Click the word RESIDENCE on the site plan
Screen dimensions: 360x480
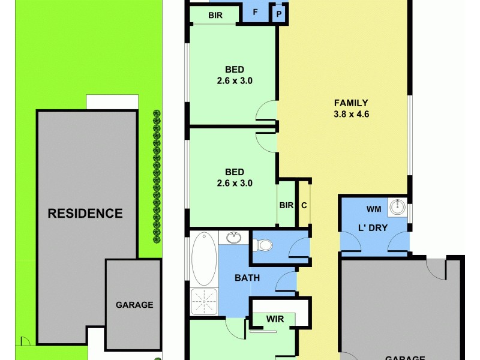pyautogui.click(x=85, y=213)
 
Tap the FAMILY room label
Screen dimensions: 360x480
pyautogui.click(x=351, y=103)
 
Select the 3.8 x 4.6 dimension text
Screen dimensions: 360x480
pyautogui.click(x=351, y=114)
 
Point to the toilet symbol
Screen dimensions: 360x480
pyautogui.click(x=264, y=245)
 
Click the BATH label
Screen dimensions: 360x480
pyautogui.click(x=247, y=278)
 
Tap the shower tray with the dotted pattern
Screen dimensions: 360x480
pyautogui.click(x=204, y=302)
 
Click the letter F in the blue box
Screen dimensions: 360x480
pyautogui.click(x=256, y=12)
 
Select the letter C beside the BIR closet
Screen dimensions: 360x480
pyautogui.click(x=304, y=205)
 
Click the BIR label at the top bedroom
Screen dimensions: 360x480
pyautogui.click(x=216, y=15)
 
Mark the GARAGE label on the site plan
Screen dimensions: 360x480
pyautogui.click(x=134, y=305)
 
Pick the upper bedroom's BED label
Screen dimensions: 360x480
pyautogui.click(x=234, y=69)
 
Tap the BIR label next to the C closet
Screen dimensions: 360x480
pyautogui.click(x=286, y=205)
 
